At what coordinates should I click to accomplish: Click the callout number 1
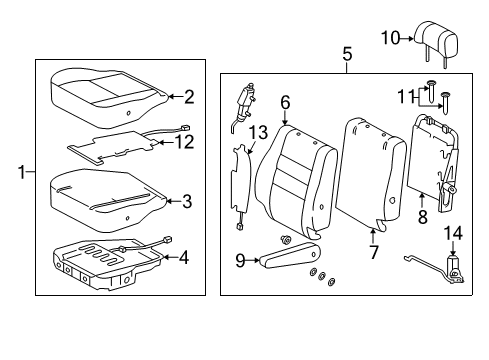coord(22,173)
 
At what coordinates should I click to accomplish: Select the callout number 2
coord(187,97)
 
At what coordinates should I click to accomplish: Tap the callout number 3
coord(187,201)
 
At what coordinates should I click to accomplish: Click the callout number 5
coord(347,54)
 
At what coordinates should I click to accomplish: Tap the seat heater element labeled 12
coord(115,142)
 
